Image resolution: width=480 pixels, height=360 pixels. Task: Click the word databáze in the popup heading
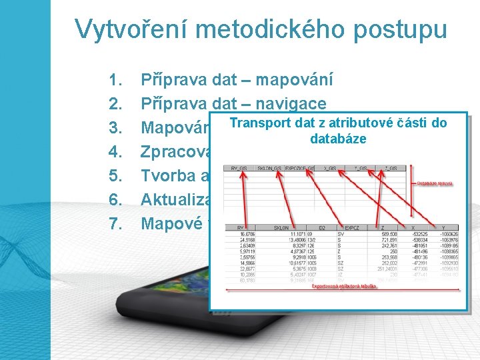coord(338,139)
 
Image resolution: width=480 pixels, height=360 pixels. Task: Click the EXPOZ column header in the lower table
coord(351,227)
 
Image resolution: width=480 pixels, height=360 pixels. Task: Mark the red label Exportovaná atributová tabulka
coord(345,286)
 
